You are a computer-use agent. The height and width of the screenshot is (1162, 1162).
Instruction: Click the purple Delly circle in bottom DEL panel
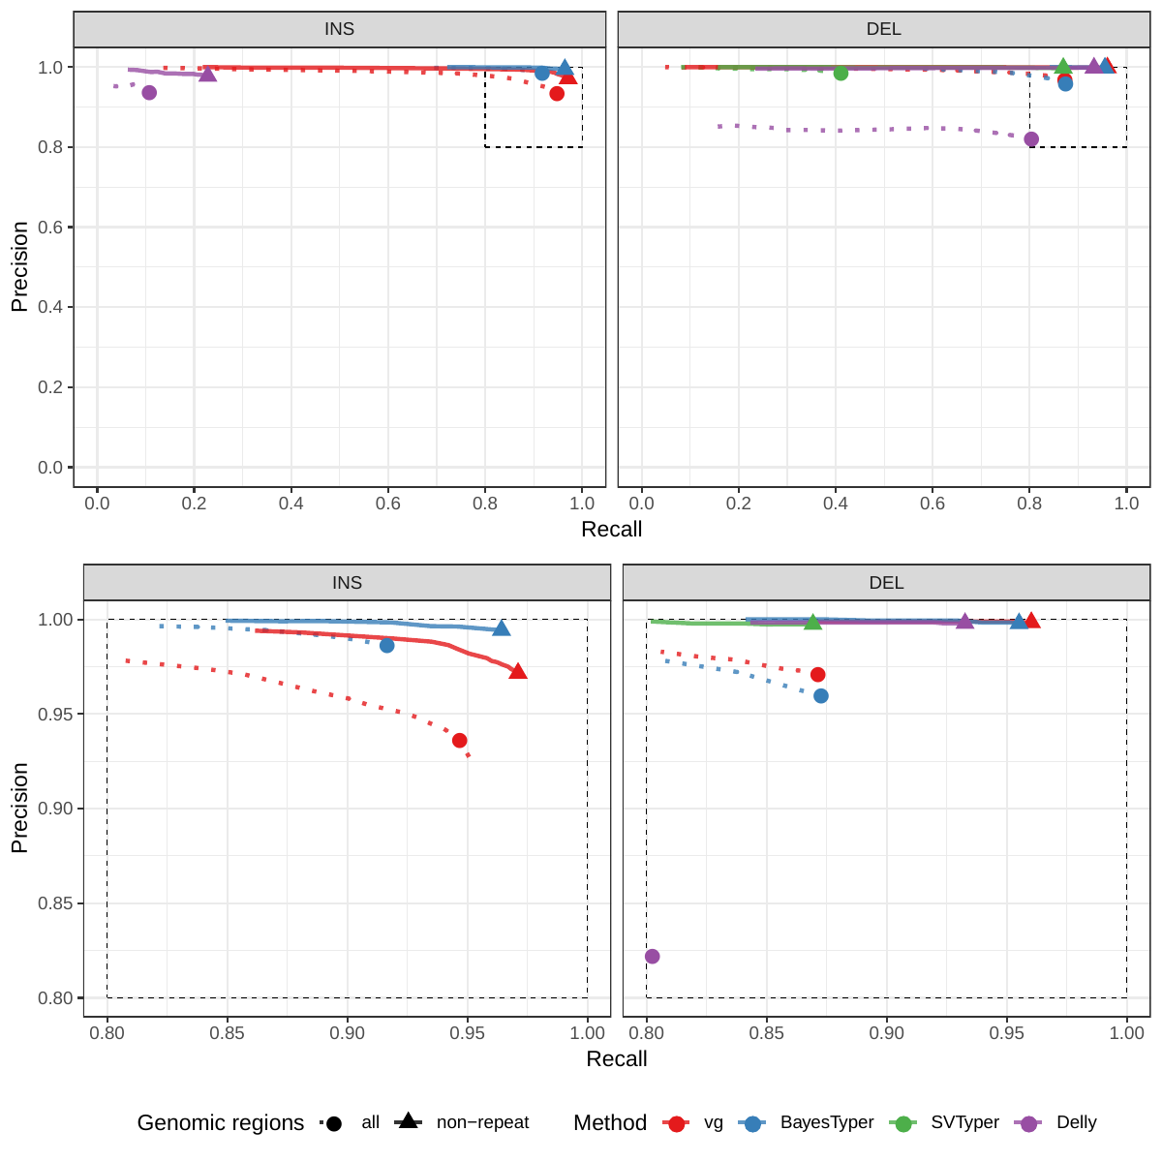(x=652, y=957)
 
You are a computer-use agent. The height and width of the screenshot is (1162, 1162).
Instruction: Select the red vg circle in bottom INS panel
(x=459, y=741)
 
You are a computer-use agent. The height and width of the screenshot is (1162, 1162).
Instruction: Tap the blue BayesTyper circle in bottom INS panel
(x=386, y=645)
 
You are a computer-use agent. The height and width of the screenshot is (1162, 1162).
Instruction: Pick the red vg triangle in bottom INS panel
(x=518, y=671)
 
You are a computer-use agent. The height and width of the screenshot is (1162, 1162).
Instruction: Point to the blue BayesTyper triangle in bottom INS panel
(x=501, y=628)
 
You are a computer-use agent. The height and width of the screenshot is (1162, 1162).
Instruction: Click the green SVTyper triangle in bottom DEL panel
(x=812, y=622)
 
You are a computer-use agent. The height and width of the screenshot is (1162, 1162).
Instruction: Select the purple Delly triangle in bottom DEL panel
(x=964, y=621)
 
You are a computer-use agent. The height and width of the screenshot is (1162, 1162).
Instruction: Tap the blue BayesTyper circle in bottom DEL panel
(x=821, y=696)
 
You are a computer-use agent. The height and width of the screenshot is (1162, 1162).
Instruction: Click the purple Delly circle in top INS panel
(x=149, y=93)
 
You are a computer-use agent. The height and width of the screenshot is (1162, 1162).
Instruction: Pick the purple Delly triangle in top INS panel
(x=207, y=74)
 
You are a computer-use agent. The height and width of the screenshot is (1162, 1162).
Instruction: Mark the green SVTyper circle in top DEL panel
(x=841, y=74)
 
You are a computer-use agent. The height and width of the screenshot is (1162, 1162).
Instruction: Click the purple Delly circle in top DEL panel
(x=1031, y=139)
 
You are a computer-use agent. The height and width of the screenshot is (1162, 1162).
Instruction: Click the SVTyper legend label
(x=964, y=1122)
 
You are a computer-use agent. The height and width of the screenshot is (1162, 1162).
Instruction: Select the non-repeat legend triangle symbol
(x=408, y=1121)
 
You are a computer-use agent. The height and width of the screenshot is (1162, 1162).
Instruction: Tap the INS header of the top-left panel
(x=339, y=29)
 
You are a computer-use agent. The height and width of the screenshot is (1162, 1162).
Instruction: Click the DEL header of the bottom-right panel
(x=886, y=583)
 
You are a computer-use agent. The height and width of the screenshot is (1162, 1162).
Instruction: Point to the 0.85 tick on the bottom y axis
(x=56, y=903)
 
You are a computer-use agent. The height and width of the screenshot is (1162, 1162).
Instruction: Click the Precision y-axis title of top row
(x=19, y=267)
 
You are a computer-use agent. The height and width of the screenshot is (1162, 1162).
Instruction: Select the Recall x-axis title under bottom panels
(x=616, y=1058)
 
